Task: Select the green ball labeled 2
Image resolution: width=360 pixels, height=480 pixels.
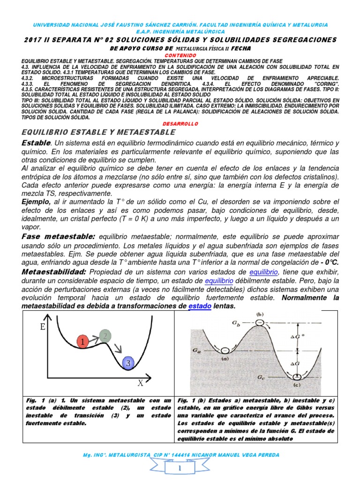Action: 106,335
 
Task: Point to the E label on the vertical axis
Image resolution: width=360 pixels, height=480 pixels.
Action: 44,327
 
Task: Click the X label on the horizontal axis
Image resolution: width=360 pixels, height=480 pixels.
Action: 140,382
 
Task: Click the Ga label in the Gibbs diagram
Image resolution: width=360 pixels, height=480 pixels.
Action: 196,350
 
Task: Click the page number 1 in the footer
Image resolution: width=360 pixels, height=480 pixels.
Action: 180,468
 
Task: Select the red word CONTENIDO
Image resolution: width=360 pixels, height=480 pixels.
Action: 180,55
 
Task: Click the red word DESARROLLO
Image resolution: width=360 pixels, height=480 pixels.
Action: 180,124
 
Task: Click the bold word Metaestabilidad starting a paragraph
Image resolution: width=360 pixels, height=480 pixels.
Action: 54,272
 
